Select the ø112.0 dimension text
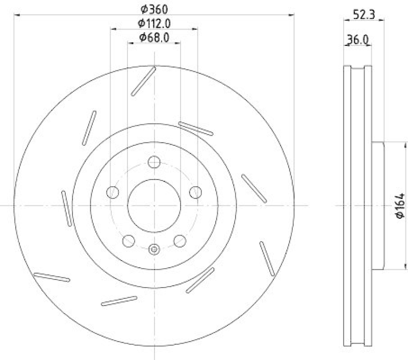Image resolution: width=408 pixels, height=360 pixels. pos(154,23)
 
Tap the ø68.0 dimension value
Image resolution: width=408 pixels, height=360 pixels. pos(154,37)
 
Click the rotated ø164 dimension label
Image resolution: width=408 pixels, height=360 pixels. pos(400,205)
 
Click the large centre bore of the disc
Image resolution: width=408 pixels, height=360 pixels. pos(154,205)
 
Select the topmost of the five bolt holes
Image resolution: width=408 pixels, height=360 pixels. pos(154,163)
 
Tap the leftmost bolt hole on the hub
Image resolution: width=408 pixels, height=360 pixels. pos(113,192)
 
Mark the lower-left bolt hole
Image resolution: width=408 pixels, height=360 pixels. pos(129,240)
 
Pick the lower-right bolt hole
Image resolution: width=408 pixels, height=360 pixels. pos(180,240)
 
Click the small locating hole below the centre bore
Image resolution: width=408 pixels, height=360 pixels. pos(154,249)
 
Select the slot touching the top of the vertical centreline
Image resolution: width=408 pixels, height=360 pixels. pos(143,81)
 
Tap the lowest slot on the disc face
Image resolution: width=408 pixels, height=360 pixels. pos(119,301)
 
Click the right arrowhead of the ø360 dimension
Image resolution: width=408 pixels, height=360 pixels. pos(293,16)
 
